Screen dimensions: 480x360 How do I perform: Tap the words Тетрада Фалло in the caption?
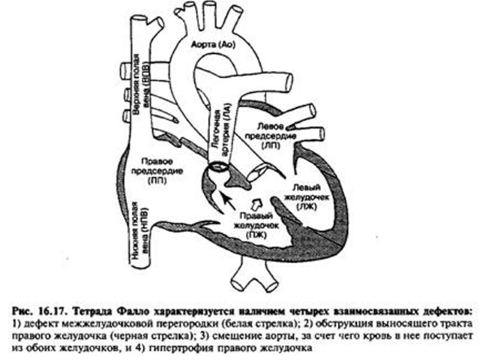tap(111, 311)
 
